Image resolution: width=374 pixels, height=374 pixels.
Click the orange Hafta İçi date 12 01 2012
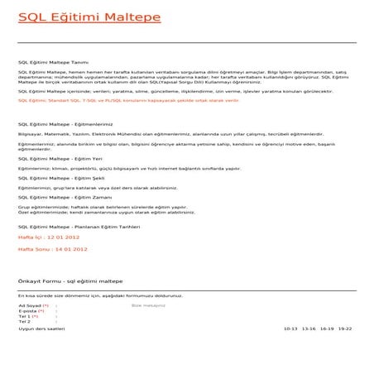(x=49, y=237)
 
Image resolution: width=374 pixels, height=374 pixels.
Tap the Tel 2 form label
(x=24, y=322)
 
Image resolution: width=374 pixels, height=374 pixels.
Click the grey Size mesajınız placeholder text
(x=149, y=305)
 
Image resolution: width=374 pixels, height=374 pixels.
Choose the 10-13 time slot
(x=290, y=328)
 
